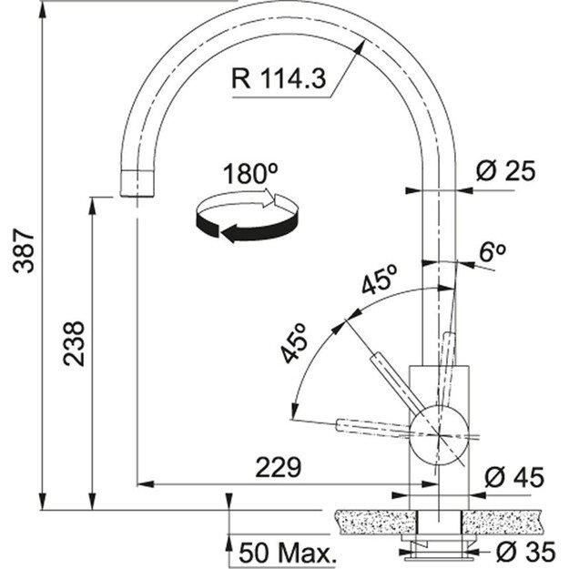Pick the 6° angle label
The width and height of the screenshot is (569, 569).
493,252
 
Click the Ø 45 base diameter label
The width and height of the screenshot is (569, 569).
514,476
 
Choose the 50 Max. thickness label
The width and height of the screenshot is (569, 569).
288,552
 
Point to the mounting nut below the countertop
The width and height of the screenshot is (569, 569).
438,546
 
